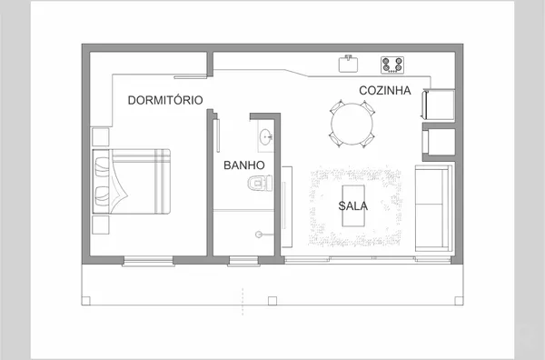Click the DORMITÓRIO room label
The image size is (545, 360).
tap(165, 100)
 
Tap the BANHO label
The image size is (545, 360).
tap(244, 165)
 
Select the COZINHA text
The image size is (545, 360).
tap(385, 90)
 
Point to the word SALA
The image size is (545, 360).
tap(352, 206)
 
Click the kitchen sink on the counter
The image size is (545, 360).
tap(348, 64)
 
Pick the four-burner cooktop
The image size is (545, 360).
tap(392, 65)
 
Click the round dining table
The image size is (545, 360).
tap(352, 124)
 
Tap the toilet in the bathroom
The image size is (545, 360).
tap(260, 183)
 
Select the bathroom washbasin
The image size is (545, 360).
tap(266, 136)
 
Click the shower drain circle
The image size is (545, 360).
tap(259, 235)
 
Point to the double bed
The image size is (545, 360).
tap(132, 181)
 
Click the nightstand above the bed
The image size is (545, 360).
tap(101, 136)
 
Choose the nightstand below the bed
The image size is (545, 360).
tap(101, 225)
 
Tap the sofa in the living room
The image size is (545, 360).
tap(434, 208)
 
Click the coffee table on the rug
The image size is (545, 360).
tap(353, 206)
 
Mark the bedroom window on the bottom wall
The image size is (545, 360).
tap(148, 261)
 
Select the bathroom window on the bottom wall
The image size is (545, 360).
tap(243, 261)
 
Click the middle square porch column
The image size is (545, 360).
tap(272, 301)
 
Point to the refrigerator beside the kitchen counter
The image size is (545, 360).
tap(439, 105)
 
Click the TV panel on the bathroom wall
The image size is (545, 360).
tap(287, 207)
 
